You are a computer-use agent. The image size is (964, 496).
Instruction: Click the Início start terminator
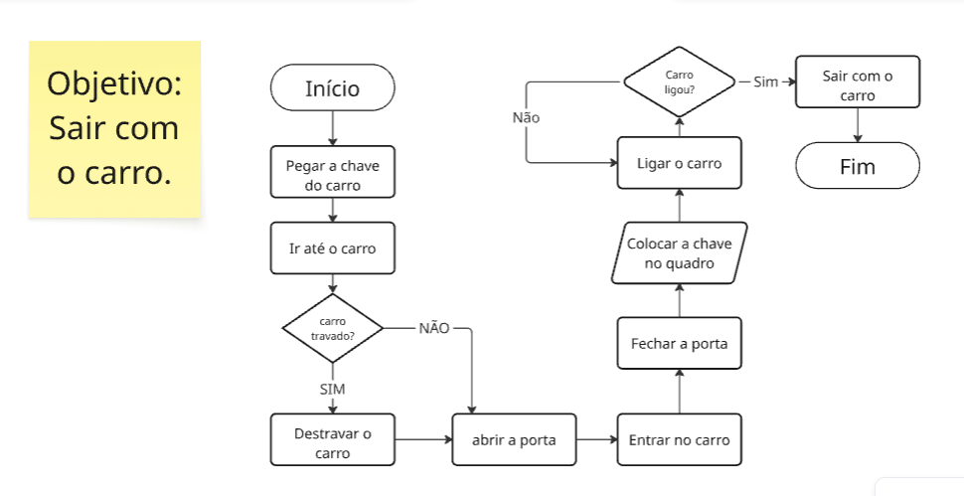tap(332, 89)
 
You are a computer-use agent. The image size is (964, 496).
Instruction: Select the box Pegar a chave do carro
tap(332, 174)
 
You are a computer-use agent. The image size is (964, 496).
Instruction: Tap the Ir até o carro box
tap(332, 248)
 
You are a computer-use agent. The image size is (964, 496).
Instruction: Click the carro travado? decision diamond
tap(332, 328)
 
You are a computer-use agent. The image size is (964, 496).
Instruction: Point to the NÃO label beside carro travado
tap(433, 328)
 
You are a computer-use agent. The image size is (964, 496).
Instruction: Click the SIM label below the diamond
tap(332, 389)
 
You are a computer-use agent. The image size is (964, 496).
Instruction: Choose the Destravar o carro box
tap(332, 442)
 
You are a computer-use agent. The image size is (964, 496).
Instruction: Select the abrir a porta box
tap(514, 440)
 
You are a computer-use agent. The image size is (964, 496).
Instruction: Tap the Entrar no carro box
tap(679, 440)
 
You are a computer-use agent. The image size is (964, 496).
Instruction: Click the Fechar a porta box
tap(679, 344)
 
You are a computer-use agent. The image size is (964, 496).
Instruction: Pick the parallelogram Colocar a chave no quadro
tap(679, 253)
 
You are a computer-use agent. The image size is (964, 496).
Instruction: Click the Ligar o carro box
tap(679, 163)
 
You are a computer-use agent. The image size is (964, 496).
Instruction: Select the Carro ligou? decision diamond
tap(679, 82)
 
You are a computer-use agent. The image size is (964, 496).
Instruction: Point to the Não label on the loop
tap(526, 117)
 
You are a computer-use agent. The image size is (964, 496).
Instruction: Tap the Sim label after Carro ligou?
tap(765, 82)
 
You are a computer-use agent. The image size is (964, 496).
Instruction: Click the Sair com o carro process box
tap(858, 85)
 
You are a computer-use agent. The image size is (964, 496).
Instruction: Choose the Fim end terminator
tap(858, 166)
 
